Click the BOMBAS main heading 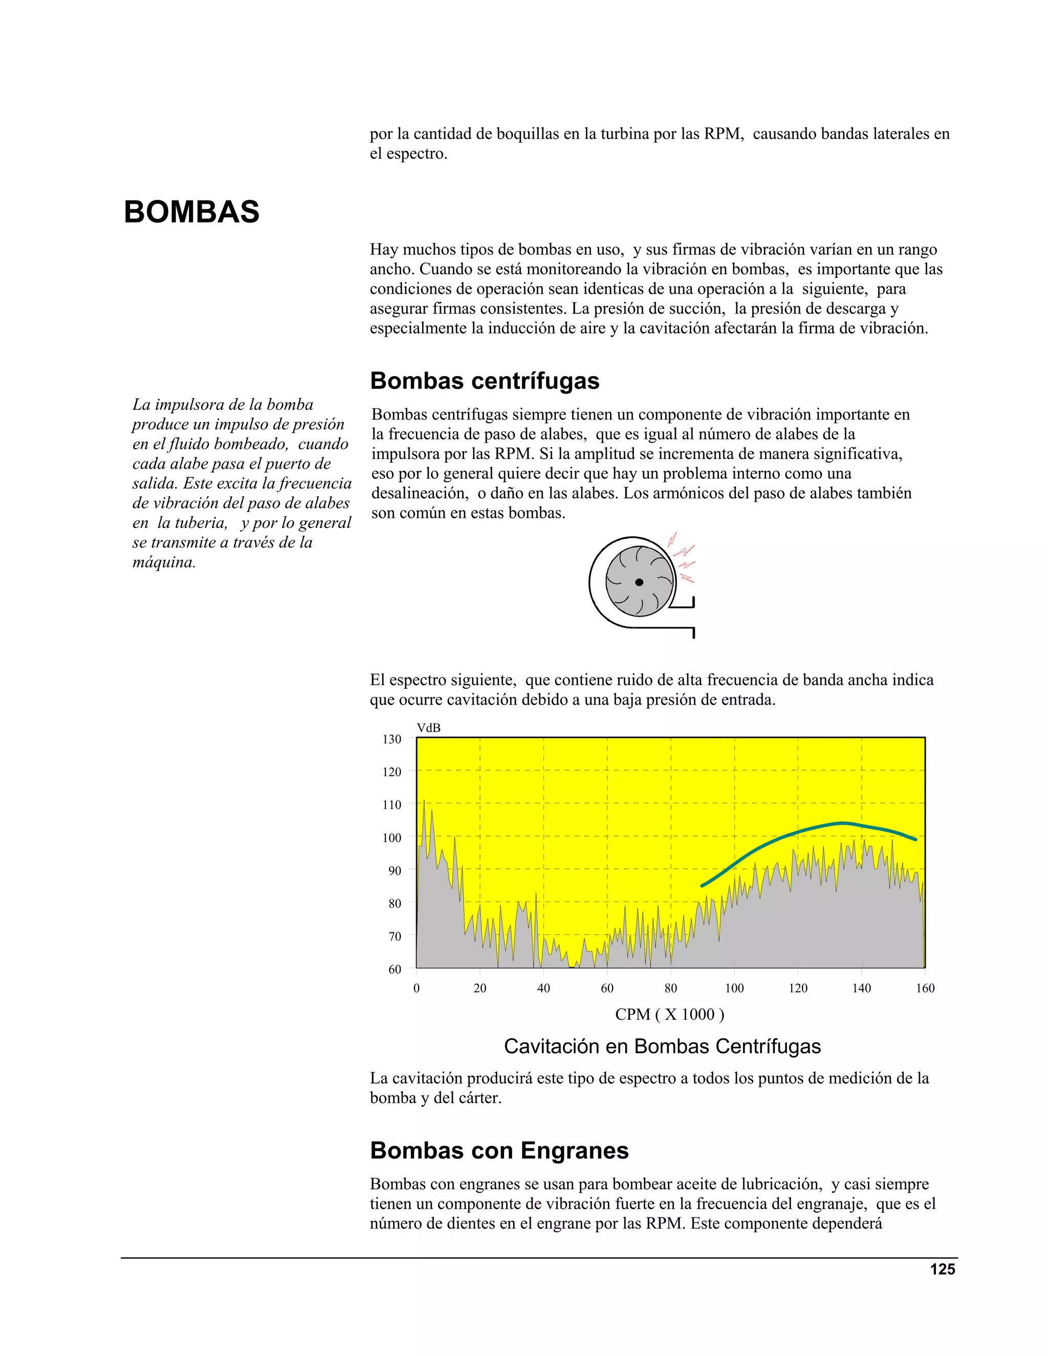(191, 212)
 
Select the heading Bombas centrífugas (484, 381)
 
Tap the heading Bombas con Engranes (499, 1150)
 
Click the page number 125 (942, 1269)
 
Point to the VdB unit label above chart (428, 728)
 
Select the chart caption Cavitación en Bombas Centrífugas (662, 1046)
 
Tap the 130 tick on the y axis (392, 739)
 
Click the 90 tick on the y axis (394, 870)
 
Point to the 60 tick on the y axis (394, 969)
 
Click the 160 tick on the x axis (925, 988)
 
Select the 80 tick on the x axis (670, 988)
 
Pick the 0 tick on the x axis (416, 988)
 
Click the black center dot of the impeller (639, 582)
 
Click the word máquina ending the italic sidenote (164, 562)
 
